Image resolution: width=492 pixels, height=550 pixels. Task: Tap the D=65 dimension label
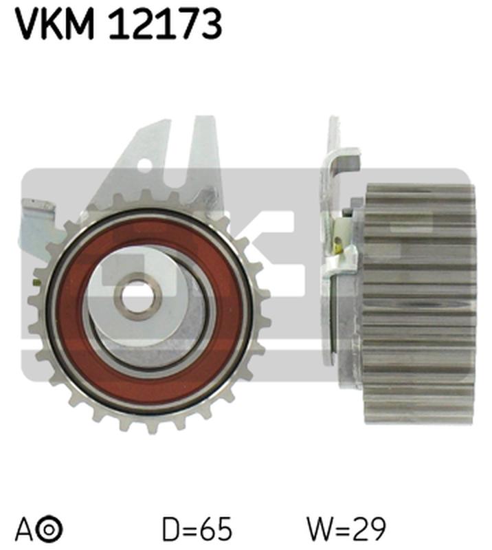point(197,530)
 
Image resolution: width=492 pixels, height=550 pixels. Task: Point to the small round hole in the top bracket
point(146,164)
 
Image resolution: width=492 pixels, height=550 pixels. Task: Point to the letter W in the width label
point(320,530)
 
